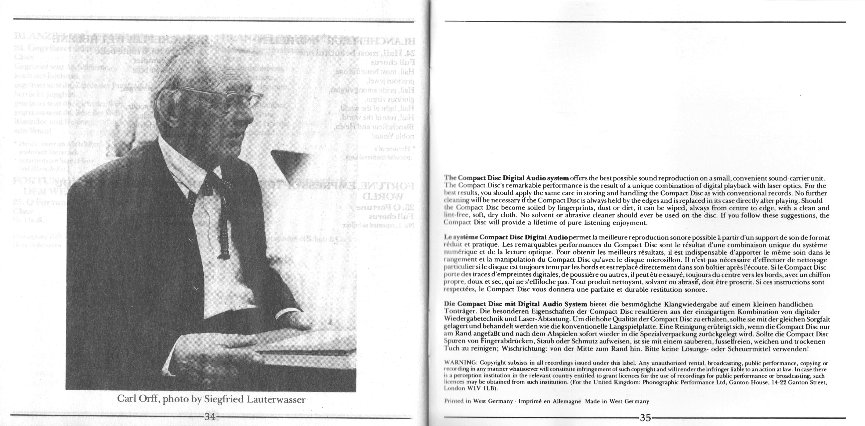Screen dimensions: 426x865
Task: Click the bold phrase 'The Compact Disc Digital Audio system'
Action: click(506, 178)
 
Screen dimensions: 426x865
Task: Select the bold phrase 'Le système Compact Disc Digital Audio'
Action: click(506, 238)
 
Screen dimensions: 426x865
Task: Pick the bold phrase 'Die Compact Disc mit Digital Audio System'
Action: click(515, 304)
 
